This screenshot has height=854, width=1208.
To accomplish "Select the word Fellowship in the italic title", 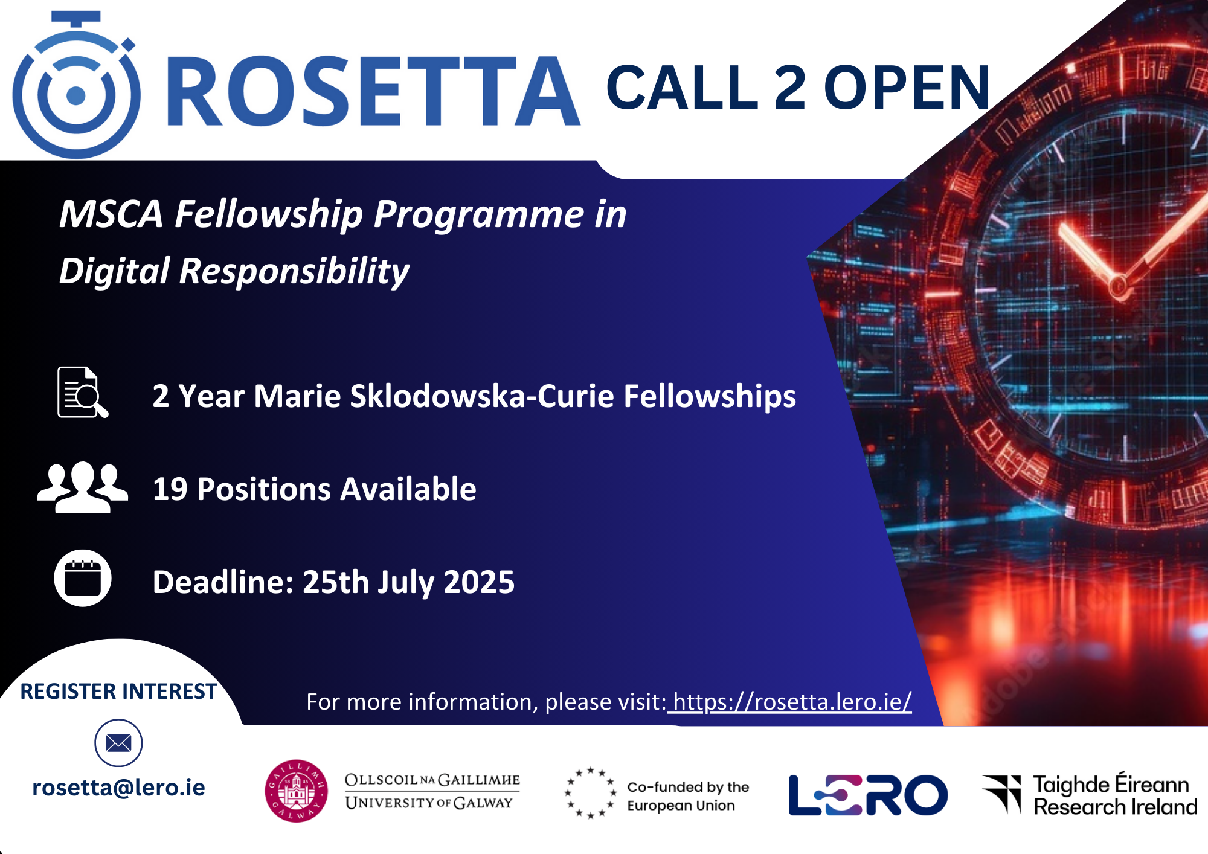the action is point(269,214).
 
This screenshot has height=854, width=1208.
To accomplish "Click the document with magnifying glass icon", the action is point(83,392).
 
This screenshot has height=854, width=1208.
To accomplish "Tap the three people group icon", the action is point(83,487).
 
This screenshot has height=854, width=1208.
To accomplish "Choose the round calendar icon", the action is point(83,578).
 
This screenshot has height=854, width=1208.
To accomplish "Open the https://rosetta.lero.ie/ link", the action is point(791,702).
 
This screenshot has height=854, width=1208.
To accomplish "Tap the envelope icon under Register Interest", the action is point(118,743).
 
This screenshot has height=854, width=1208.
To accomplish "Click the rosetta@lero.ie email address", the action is point(118,788).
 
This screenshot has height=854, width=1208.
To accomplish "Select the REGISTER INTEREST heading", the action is point(118,692).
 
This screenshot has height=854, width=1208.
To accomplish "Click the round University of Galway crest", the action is point(296,791).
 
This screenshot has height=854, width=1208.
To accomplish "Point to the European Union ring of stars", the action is point(591,792).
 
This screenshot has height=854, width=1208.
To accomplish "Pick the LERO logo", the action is point(868,795).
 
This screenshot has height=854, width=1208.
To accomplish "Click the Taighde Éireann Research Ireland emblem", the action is point(1002,794).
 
